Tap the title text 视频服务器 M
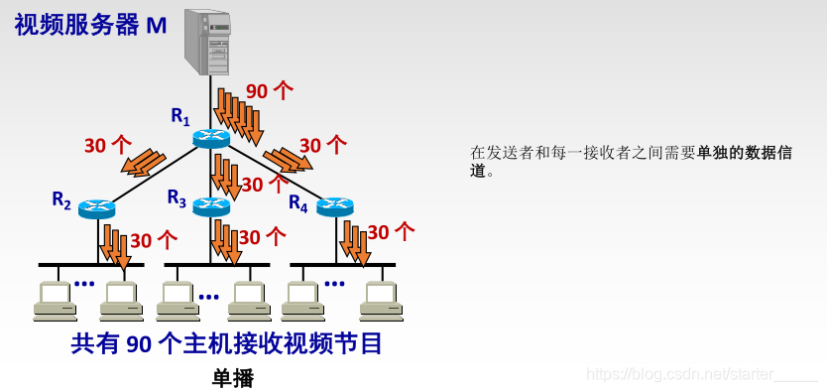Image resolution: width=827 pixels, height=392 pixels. pos(90,25)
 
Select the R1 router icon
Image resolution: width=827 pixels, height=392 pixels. pos(211,138)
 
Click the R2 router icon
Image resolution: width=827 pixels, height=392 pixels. pos(97,208)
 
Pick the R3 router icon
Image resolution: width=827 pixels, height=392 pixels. pos(211,206)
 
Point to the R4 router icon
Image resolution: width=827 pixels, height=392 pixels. pos(334,206)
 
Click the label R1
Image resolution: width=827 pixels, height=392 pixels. pos(179,116)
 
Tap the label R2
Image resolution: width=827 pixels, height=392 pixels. pos(61,199)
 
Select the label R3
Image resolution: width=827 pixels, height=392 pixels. pos(177,198)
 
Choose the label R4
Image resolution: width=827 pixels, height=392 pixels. pos(298,202)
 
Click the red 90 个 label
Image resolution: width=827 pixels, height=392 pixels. pos(270,91)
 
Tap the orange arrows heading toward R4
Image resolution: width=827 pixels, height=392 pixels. pos(288,159)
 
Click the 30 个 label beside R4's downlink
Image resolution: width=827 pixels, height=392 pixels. pos(391,232)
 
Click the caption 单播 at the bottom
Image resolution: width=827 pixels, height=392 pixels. pos(233,378)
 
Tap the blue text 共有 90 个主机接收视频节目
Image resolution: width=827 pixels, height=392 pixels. pos(227,344)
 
